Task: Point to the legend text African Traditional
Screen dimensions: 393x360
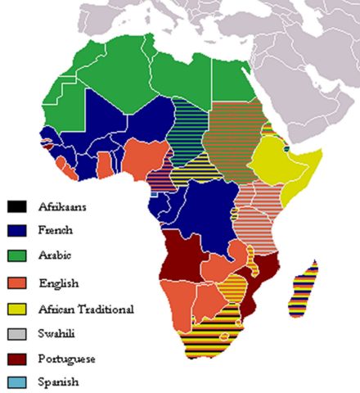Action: (86, 309)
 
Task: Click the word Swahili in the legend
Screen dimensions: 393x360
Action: (60, 334)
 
